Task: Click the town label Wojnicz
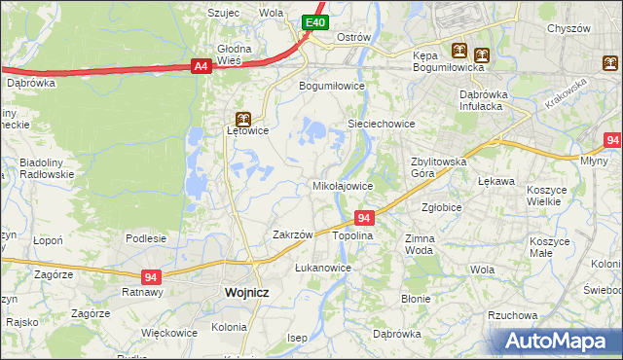click(x=246, y=291)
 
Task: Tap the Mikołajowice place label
click(x=342, y=185)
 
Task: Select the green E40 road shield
click(x=314, y=22)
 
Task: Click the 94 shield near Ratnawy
click(x=151, y=276)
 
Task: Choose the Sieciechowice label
click(x=383, y=124)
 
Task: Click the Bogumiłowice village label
click(x=331, y=85)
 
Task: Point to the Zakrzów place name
click(x=292, y=234)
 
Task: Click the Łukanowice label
click(x=322, y=267)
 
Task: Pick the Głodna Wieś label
click(x=234, y=54)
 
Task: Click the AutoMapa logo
click(x=559, y=341)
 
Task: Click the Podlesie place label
click(x=146, y=237)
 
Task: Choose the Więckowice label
click(x=169, y=332)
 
